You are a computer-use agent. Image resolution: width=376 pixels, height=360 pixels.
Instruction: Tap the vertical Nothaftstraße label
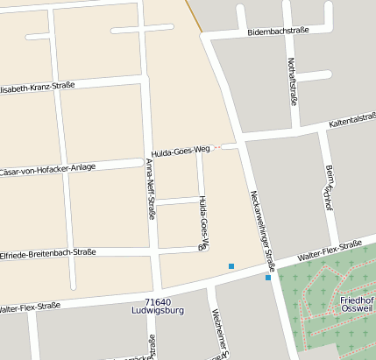point(292,81)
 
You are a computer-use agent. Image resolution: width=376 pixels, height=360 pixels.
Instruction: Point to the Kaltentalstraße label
point(352,121)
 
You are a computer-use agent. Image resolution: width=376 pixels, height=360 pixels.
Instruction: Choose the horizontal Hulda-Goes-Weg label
point(181,150)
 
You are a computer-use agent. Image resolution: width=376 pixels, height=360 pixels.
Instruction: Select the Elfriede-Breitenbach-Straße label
point(47,252)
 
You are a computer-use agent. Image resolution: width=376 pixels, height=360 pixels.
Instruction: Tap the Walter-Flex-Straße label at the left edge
point(30,307)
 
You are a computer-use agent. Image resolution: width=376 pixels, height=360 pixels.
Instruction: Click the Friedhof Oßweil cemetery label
point(357,305)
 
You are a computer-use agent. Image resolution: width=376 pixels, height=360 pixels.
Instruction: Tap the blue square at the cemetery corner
point(268,278)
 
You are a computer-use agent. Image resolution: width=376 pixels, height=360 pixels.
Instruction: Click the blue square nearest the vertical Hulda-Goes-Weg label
point(231,265)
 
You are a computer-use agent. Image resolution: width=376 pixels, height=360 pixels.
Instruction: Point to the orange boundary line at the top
point(194,16)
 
